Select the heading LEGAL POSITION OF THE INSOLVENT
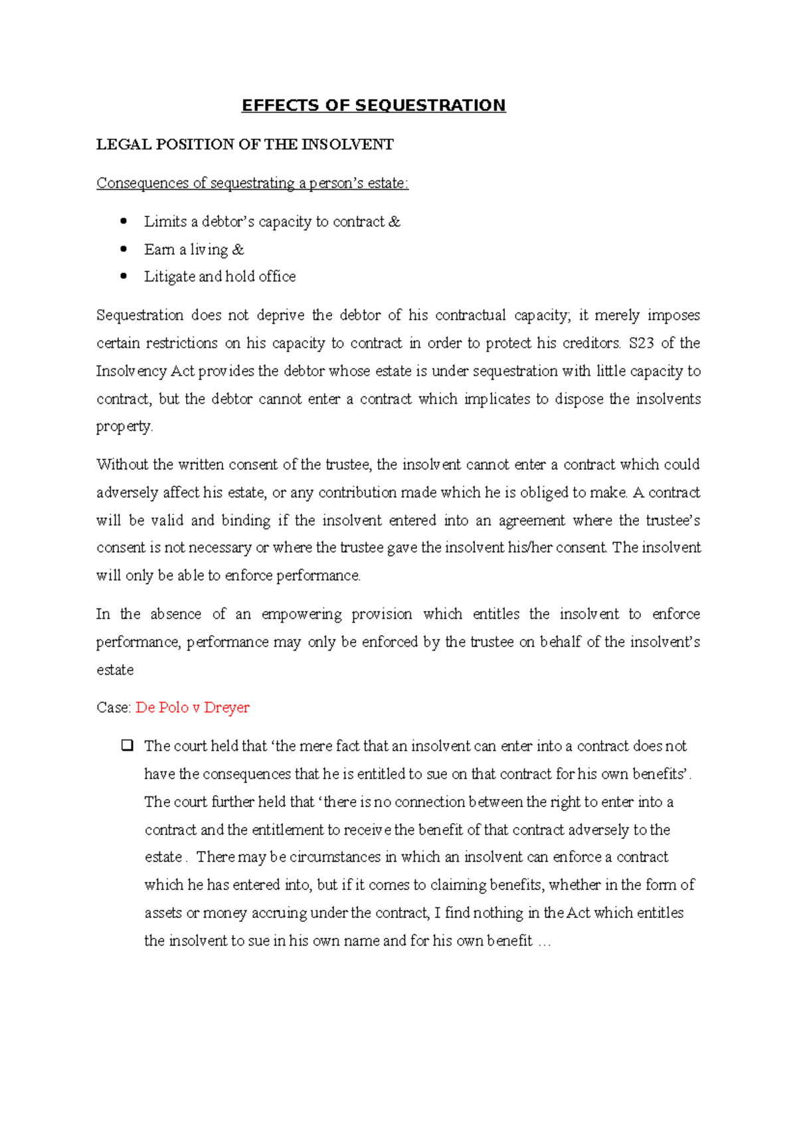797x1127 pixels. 245,145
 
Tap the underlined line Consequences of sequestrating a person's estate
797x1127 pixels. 252,183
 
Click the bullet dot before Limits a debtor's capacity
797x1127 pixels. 124,221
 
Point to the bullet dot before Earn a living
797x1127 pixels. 124,249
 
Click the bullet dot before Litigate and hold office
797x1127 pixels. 124,276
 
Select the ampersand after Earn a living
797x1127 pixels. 238,250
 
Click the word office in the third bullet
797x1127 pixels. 277,277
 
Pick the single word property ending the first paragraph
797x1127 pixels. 124,427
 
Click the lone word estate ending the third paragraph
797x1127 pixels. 115,670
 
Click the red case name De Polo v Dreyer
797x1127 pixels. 193,708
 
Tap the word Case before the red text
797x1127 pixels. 112,708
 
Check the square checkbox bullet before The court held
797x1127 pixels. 127,745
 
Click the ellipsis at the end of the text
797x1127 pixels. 544,941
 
